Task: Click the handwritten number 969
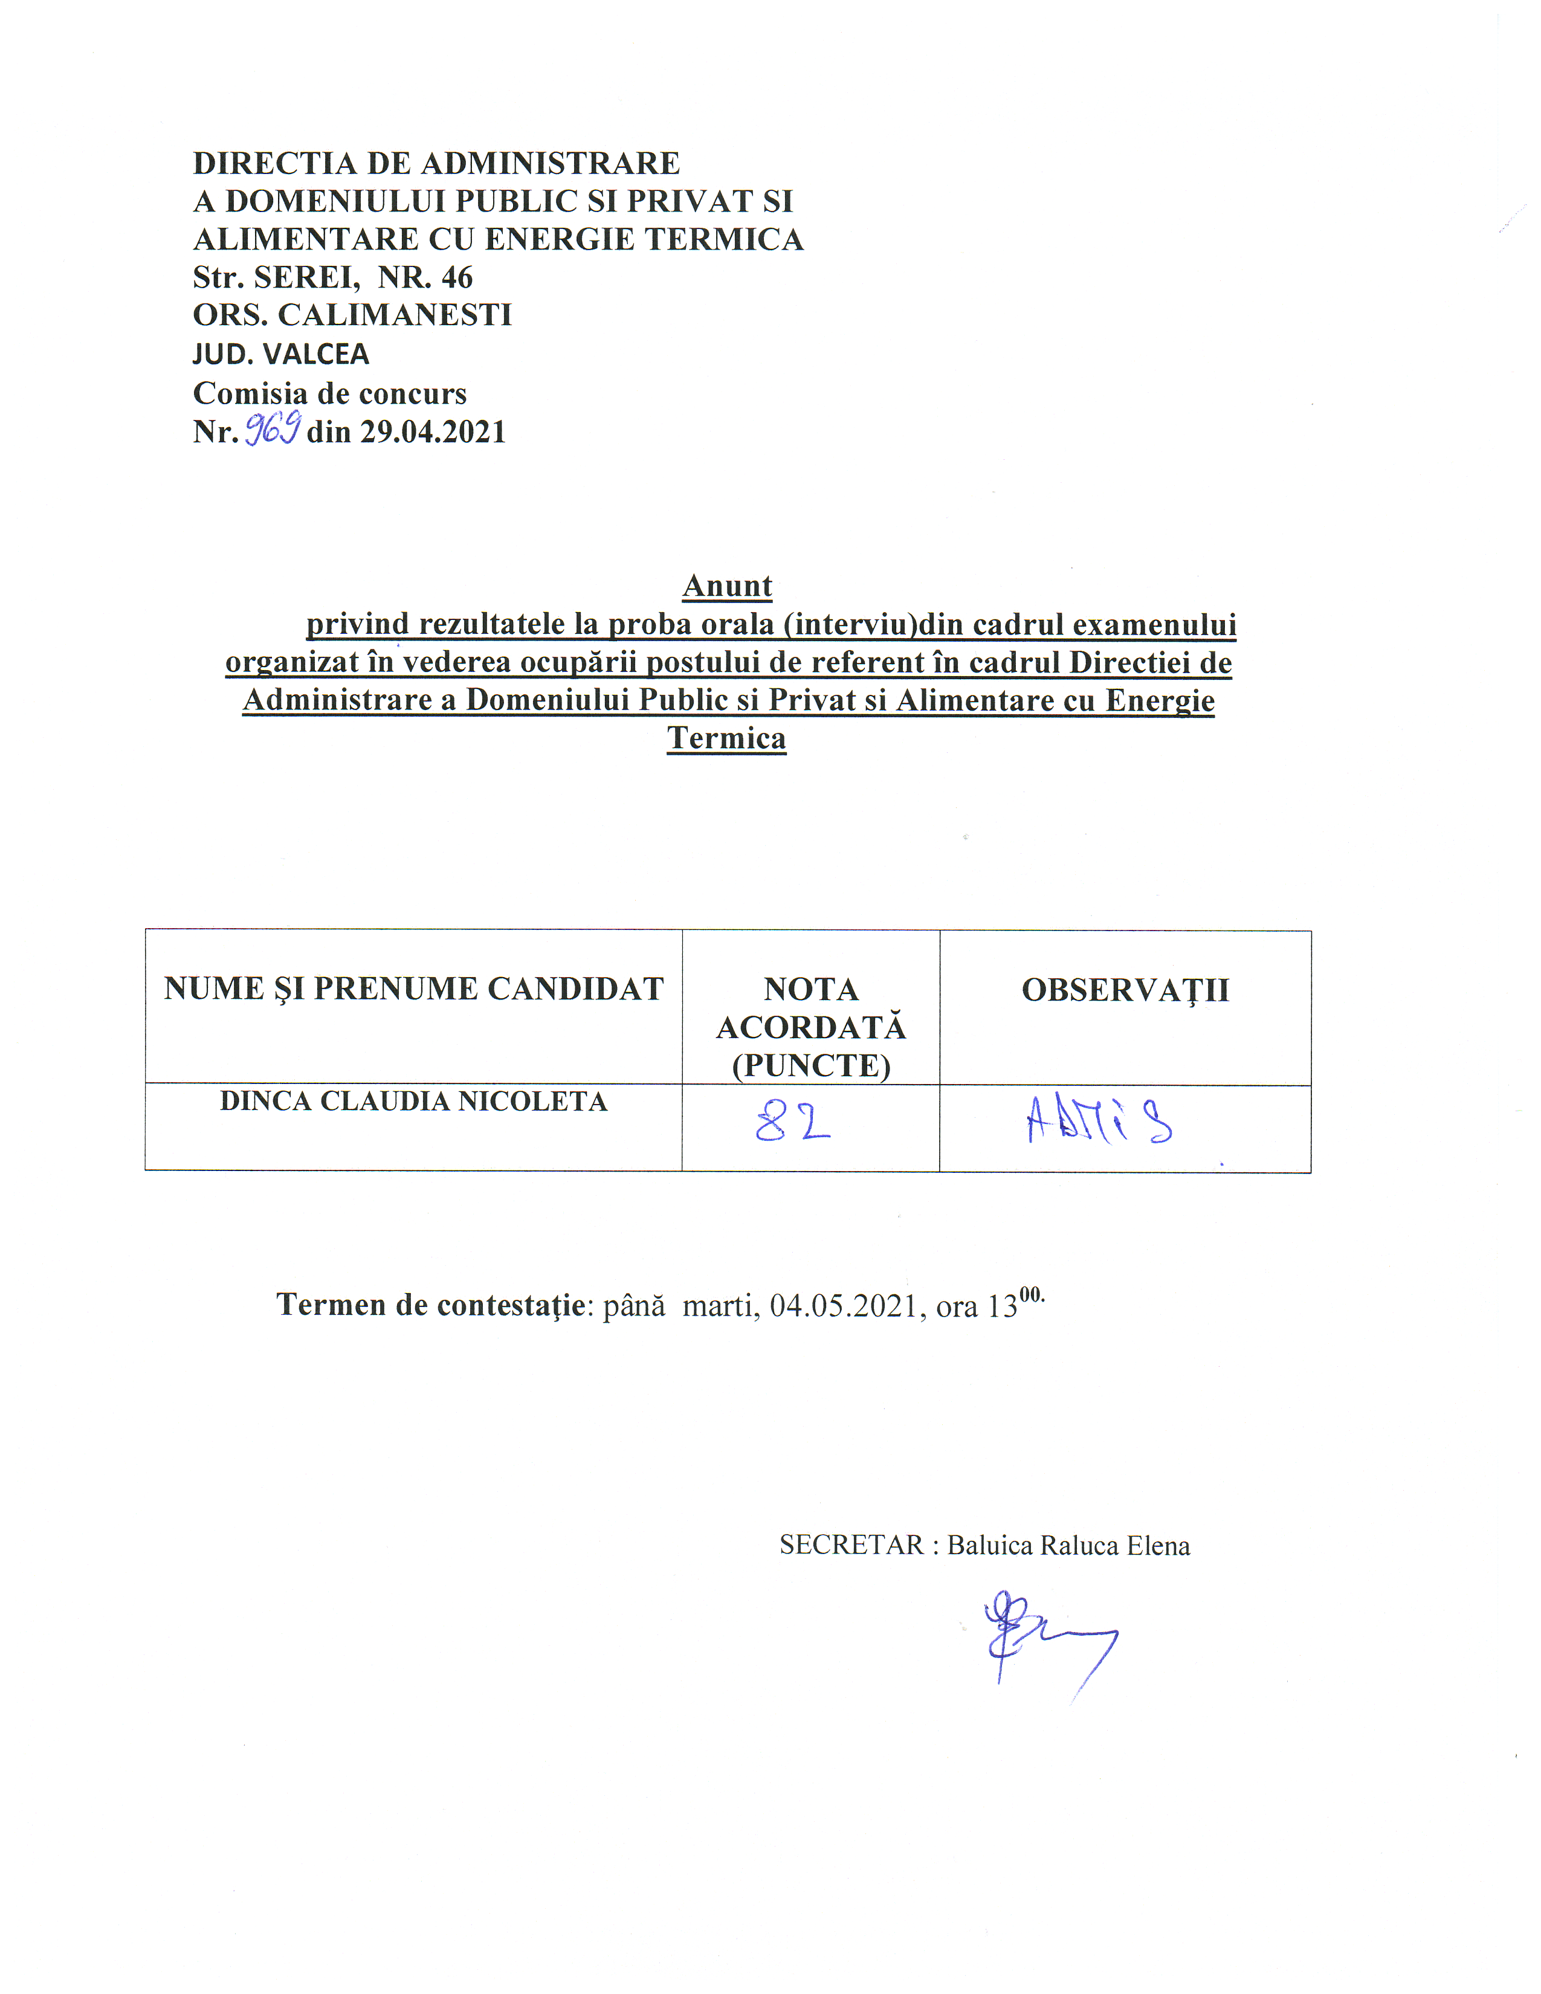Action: pos(272,428)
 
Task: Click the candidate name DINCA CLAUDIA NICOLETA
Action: pos(413,1101)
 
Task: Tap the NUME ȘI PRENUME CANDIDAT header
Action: pos(413,989)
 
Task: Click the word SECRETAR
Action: pos(851,1546)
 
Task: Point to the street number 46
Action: pos(456,277)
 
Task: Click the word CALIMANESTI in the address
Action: pos(395,315)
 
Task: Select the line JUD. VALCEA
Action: pos(281,353)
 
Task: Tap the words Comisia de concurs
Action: pos(329,393)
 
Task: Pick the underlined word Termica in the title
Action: pos(726,738)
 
